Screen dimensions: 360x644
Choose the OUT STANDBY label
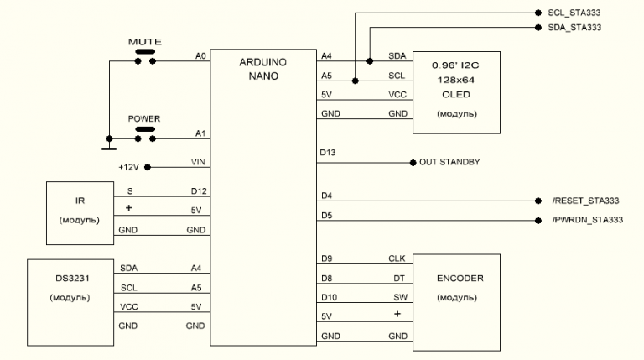click(449, 162)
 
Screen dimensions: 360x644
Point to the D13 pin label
click(328, 154)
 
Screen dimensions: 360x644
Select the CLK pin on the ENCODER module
click(397, 258)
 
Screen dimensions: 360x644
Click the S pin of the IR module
click(130, 192)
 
